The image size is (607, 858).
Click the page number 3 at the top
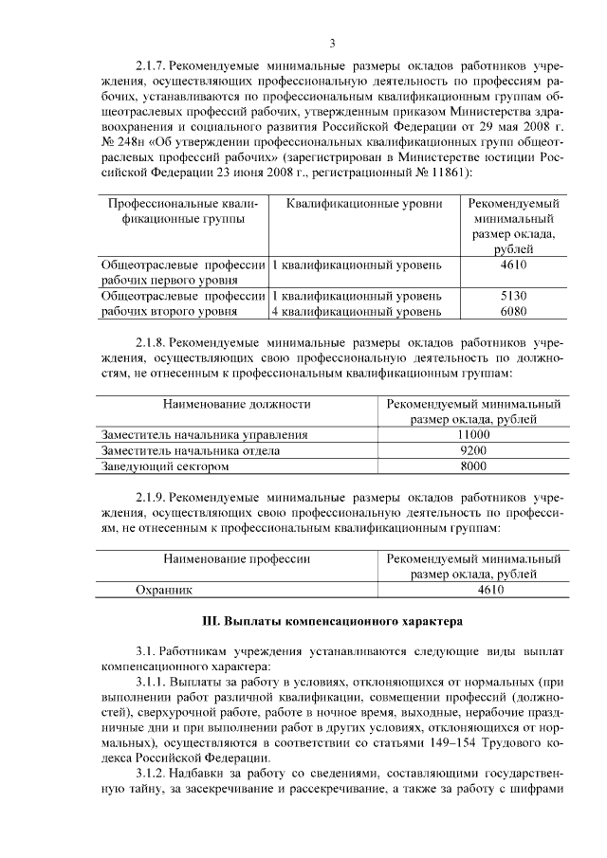tap(333, 43)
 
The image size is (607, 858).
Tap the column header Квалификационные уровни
tap(364, 204)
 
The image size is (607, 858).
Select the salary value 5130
tap(512, 295)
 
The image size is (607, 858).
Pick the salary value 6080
tap(512, 311)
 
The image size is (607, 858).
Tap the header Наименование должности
tap(237, 404)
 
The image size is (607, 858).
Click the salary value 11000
tap(472, 434)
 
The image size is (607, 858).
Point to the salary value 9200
tap(472, 450)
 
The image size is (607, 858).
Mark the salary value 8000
tap(472, 466)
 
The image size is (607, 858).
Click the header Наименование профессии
tap(237, 559)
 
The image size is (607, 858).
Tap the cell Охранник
tap(164, 590)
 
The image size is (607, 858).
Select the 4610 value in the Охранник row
tap(472, 590)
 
